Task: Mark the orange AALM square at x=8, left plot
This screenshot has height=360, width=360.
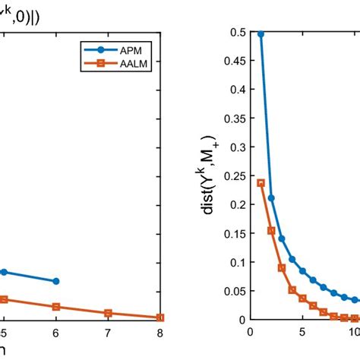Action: point(159,317)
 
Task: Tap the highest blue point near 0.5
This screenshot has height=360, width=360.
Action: point(261,34)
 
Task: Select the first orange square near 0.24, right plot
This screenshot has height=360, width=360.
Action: point(261,182)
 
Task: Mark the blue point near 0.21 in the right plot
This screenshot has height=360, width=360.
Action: point(271,197)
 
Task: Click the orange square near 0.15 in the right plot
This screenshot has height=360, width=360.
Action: point(271,230)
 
